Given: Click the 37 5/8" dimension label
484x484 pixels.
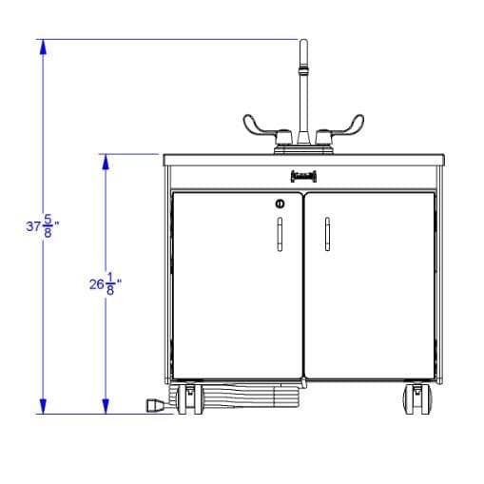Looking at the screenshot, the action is click(x=43, y=226).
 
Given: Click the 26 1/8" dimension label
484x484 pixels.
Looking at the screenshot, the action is click(x=106, y=283).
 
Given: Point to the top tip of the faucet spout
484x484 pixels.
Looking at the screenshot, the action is click(x=303, y=40).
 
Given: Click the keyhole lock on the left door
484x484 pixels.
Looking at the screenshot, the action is click(x=280, y=203).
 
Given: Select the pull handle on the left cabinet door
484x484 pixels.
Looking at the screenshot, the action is click(x=280, y=234).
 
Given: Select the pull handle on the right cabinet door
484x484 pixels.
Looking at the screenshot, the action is click(x=327, y=234).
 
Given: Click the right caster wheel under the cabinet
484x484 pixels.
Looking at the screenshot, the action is click(x=417, y=399).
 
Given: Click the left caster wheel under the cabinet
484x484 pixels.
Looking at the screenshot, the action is click(x=189, y=399).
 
